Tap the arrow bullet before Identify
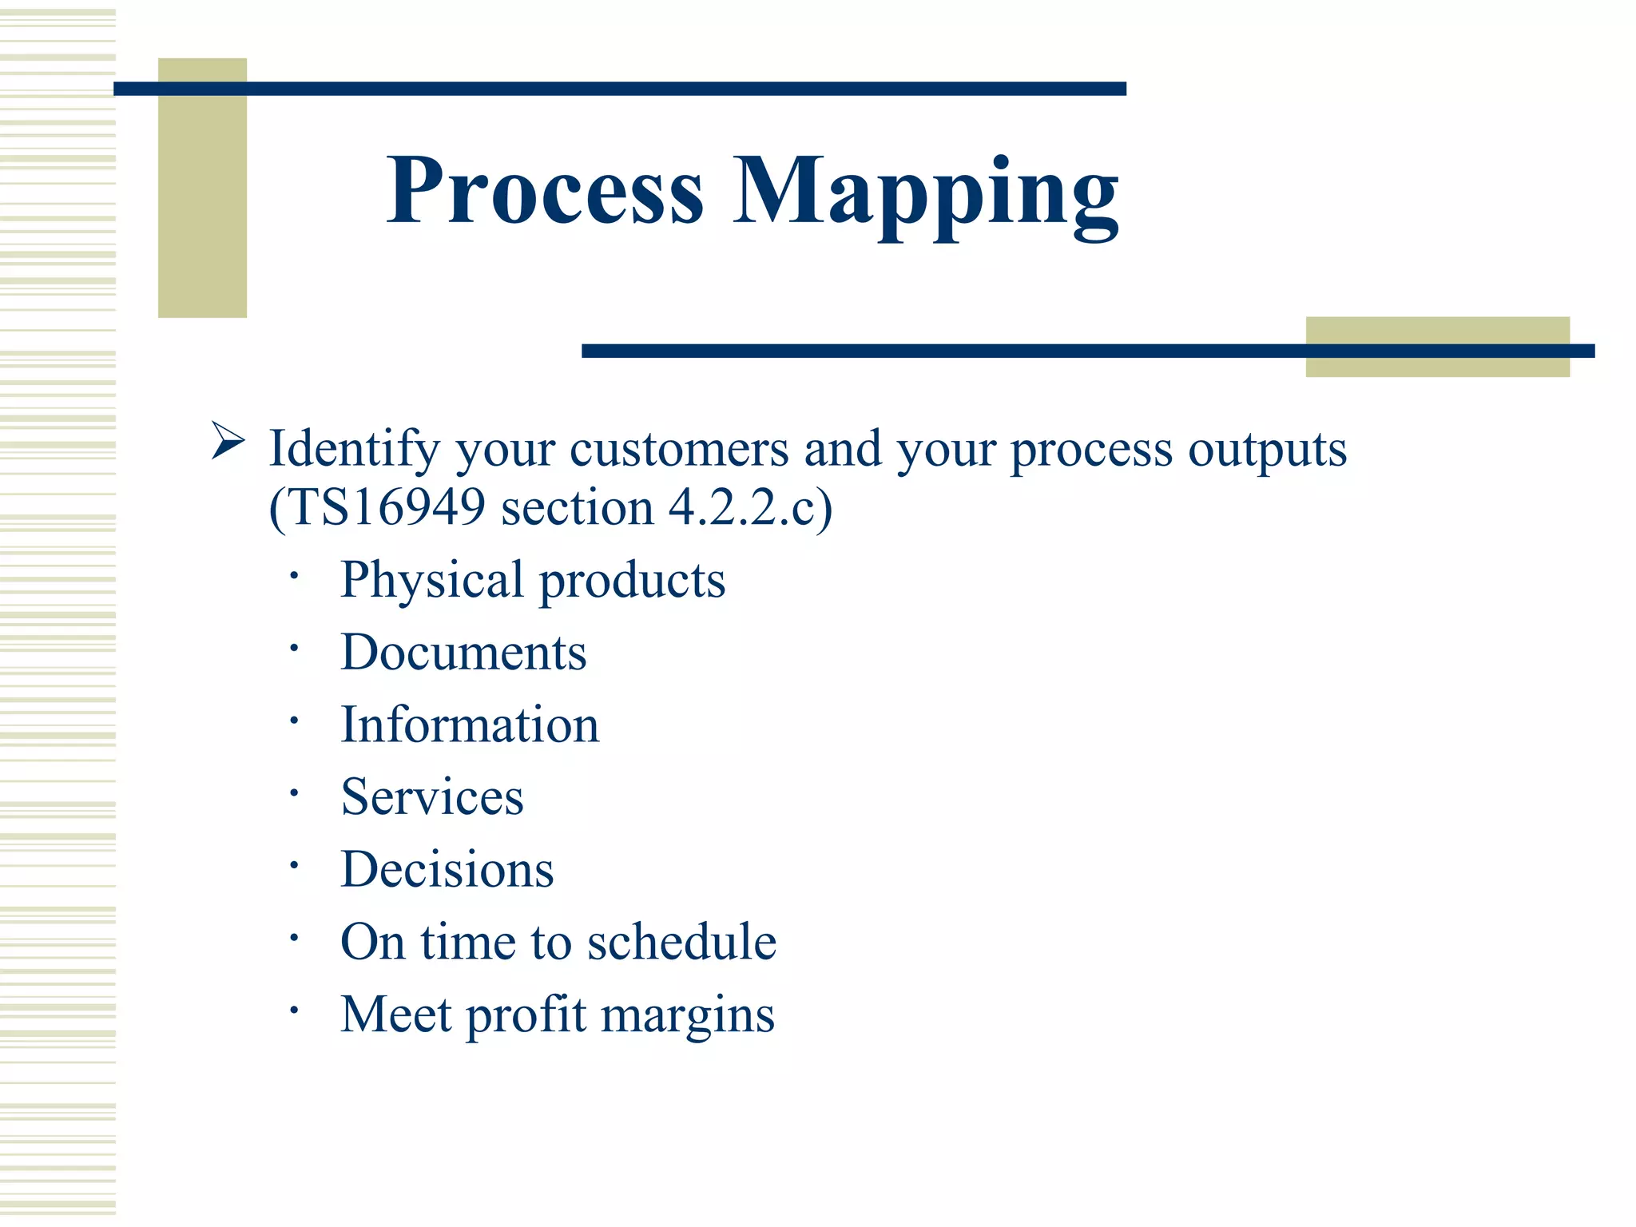pyautogui.click(x=228, y=441)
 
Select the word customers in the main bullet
pyautogui.click(x=679, y=449)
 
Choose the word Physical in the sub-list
pyautogui.click(x=431, y=581)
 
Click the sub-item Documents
pyautogui.click(x=463, y=653)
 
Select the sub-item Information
pyautogui.click(x=470, y=725)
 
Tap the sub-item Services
pyautogui.click(x=432, y=797)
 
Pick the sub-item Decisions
pyautogui.click(x=447, y=870)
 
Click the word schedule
pyautogui.click(x=681, y=943)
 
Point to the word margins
pyautogui.click(x=687, y=1016)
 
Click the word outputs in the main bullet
pyautogui.click(x=1267, y=449)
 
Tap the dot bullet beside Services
pyautogui.click(x=294, y=793)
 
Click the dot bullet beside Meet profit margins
pyautogui.click(x=294, y=1011)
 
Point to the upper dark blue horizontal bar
pyautogui.click(x=619, y=89)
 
